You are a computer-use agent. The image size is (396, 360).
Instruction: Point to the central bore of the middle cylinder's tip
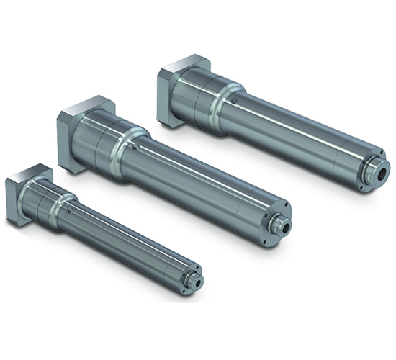tap(287, 225)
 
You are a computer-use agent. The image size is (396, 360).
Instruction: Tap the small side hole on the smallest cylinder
tap(69, 212)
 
